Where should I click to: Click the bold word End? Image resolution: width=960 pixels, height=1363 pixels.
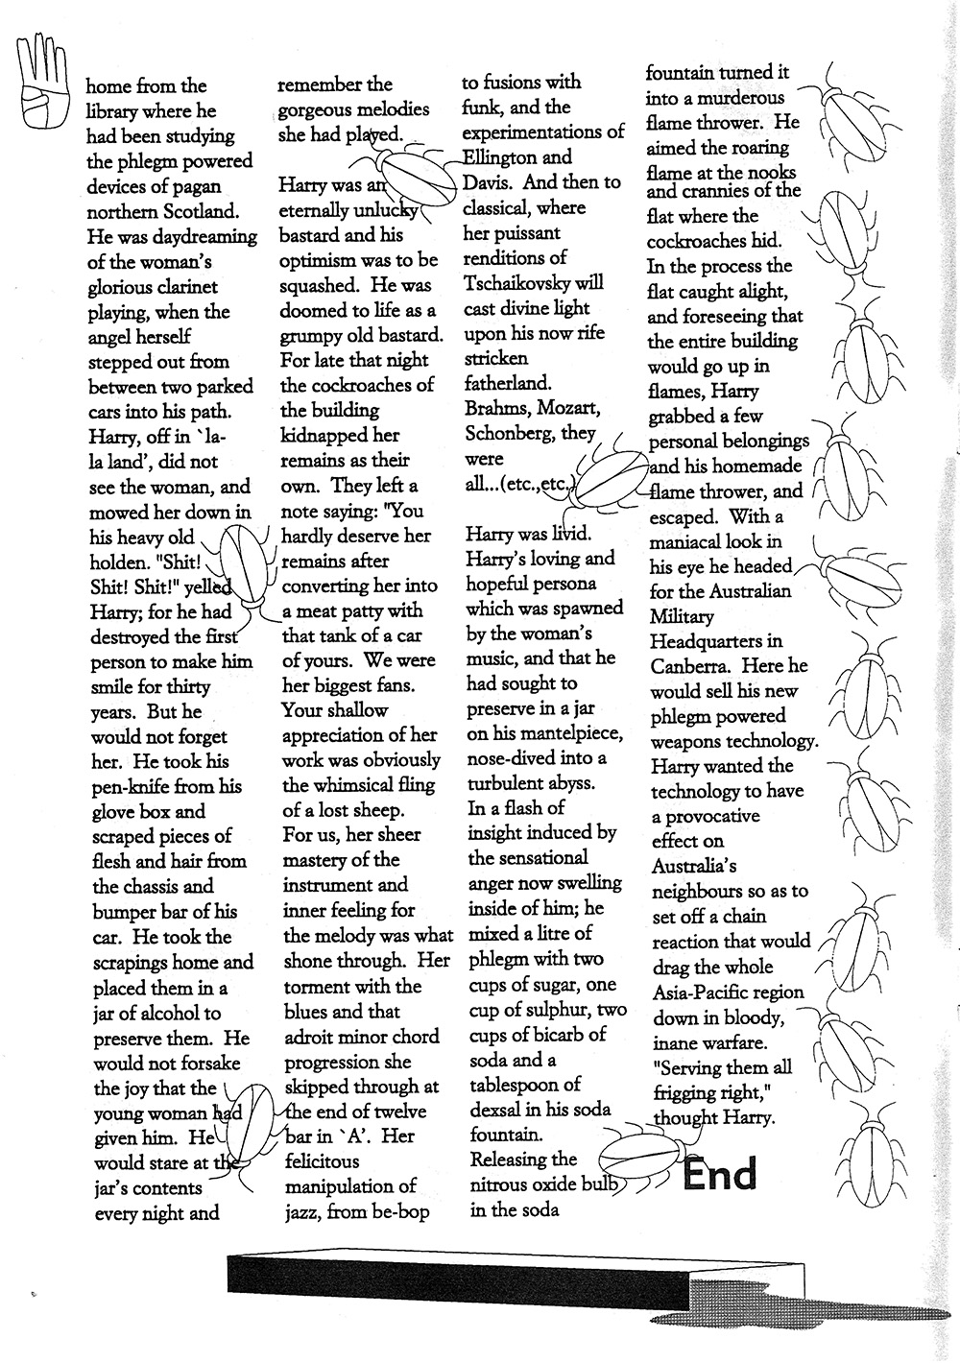[x=720, y=1174]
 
